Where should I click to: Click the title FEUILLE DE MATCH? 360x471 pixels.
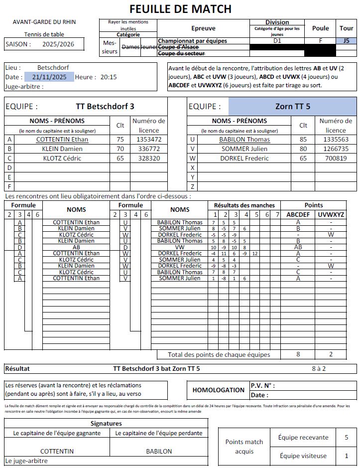[180, 8]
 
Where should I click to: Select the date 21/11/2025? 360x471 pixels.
[49, 77]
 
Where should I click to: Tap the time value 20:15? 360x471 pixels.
[109, 77]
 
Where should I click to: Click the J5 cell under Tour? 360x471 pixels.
[346, 41]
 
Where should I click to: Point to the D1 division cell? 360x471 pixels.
[277, 41]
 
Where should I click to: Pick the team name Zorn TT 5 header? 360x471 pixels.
[292, 106]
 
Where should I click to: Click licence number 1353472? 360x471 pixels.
[148, 140]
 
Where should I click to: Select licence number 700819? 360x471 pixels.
[336, 158]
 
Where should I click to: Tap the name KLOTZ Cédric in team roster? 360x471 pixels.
[62, 158]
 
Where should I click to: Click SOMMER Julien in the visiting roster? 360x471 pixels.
[244, 149]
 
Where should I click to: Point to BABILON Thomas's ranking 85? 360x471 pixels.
[303, 140]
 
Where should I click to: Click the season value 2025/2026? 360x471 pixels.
[58, 44]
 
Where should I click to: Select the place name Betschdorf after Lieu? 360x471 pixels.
[53, 67]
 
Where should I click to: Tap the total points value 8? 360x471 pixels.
[298, 354]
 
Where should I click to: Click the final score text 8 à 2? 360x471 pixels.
[319, 369]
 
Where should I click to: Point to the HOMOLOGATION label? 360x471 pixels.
[218, 390]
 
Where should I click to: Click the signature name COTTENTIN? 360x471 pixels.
[57, 451]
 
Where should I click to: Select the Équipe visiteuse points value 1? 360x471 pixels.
[346, 456]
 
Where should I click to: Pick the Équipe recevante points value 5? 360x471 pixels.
[346, 437]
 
